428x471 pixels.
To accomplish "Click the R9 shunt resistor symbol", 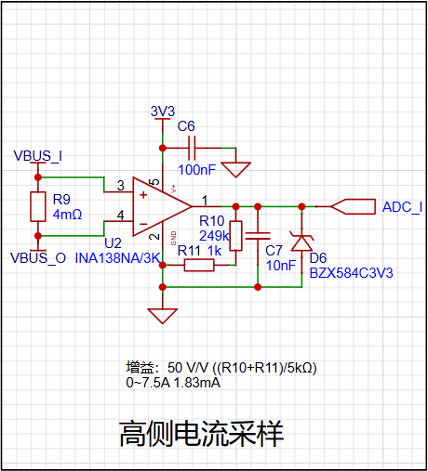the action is click(x=38, y=206).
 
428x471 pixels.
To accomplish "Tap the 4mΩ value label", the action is click(x=67, y=215).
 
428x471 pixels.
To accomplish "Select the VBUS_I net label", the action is click(x=38, y=156).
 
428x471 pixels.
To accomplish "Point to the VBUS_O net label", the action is click(x=38, y=257).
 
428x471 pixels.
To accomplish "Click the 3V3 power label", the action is click(x=163, y=111).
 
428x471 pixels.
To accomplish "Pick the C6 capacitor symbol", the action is click(x=192, y=148).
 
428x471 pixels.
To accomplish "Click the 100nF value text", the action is click(x=197, y=170).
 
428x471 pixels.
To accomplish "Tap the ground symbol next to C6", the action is click(x=235, y=170).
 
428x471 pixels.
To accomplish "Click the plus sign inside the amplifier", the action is click(x=143, y=195).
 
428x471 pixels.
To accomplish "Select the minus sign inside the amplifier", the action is click(x=143, y=224).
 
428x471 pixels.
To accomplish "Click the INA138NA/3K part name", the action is click(x=118, y=258).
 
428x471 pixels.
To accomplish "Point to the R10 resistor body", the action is click(x=236, y=236).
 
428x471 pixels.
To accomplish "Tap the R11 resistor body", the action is click(x=199, y=266).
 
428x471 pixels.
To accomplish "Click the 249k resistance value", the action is click(x=214, y=236).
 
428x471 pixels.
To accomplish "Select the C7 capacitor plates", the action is click(x=258, y=236).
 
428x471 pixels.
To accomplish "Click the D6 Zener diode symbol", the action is click(x=301, y=241).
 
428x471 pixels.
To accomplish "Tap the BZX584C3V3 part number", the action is click(x=352, y=273).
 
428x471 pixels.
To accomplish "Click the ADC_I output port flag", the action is click(x=354, y=206).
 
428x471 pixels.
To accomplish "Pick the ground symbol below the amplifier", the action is click(x=163, y=316).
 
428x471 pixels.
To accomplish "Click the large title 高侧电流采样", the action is click(x=202, y=434).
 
